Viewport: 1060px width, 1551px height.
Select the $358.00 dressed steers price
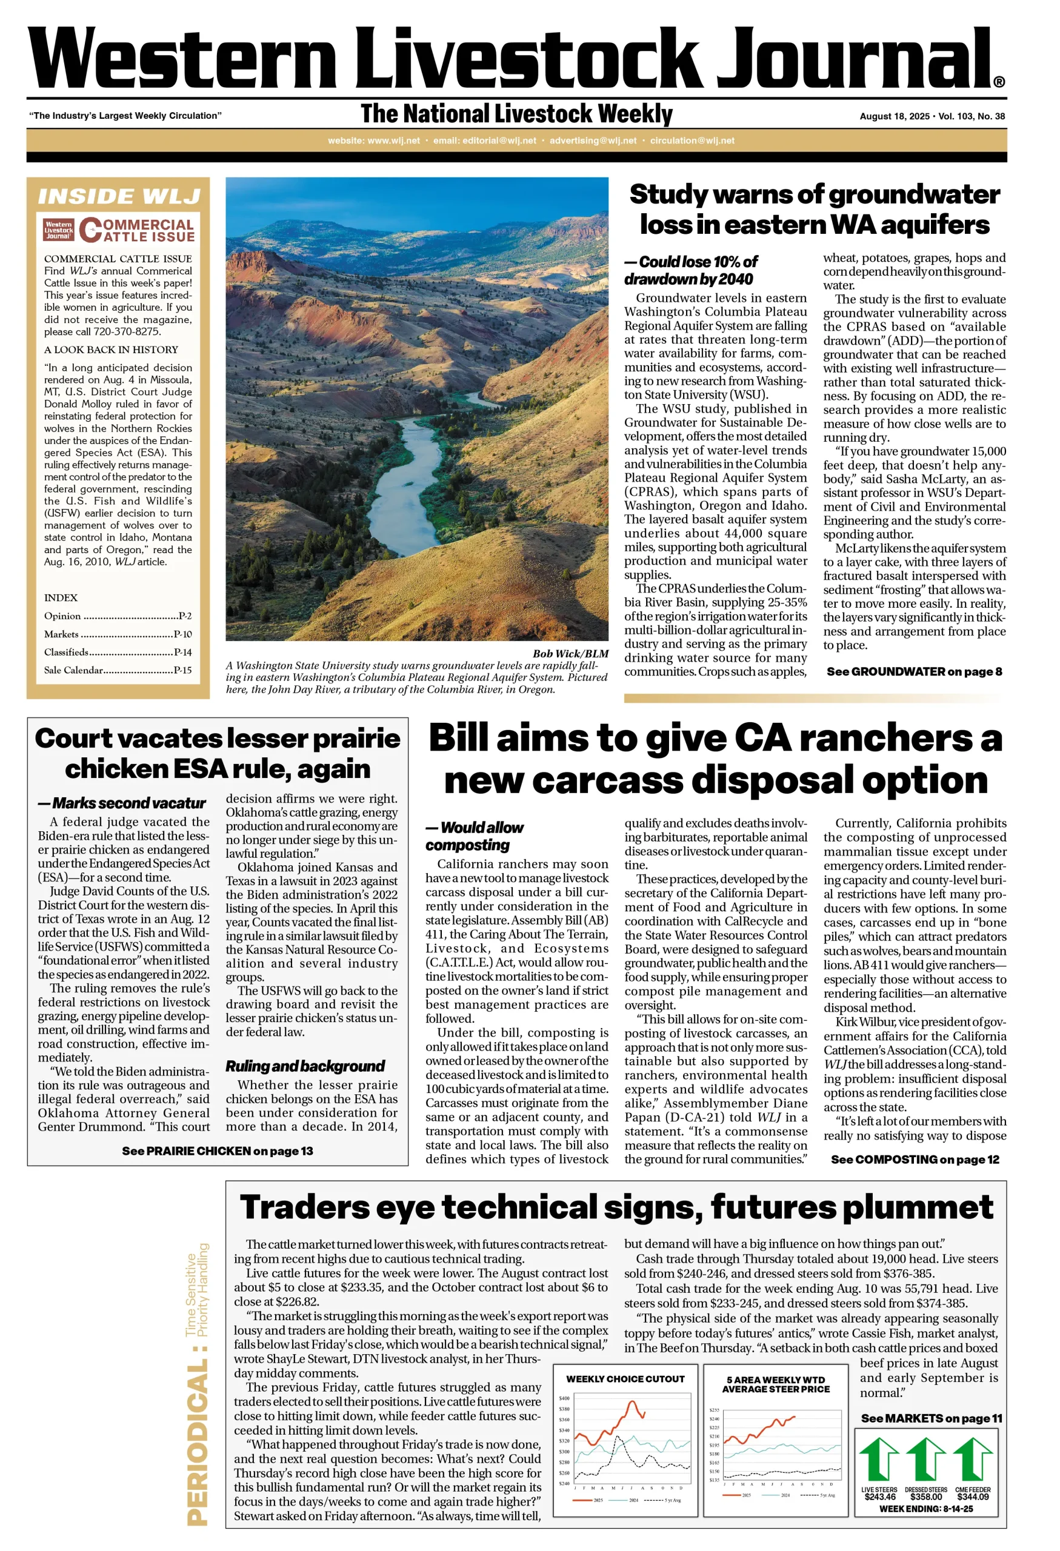[x=925, y=1497]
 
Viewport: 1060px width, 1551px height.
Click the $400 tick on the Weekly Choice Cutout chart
[x=564, y=1398]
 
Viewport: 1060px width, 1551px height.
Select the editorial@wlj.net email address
[x=485, y=141]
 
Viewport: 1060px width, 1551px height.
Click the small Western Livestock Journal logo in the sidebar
[x=59, y=230]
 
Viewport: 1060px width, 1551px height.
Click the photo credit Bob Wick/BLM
[x=570, y=653]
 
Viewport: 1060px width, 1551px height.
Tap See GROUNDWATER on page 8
[x=914, y=671]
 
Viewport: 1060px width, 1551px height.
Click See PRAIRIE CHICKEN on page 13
[x=217, y=1151]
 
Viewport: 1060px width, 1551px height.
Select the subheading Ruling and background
[x=305, y=1066]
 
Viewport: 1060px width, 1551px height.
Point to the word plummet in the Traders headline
[x=921, y=1207]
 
